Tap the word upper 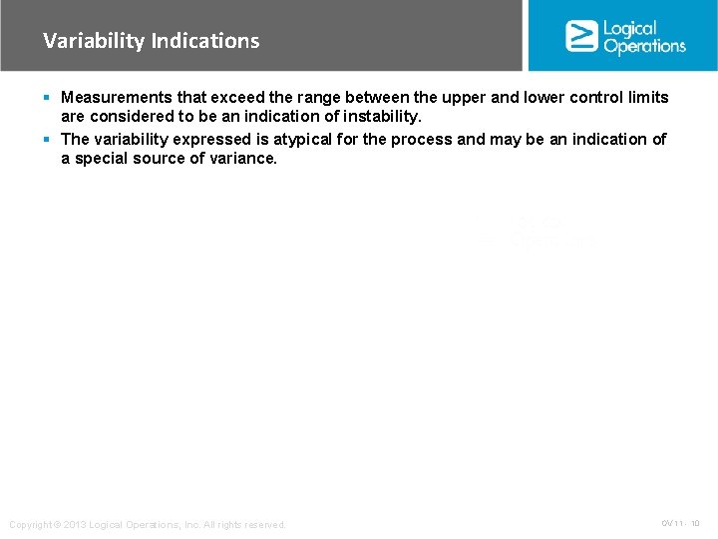[481, 98]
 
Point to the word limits [646, 98]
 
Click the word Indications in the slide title [205, 41]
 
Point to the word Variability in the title [94, 41]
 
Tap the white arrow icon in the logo [581, 36]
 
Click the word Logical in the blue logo [630, 28]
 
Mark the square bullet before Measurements [48, 98]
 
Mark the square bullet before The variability [48, 139]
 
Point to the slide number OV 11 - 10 [680, 523]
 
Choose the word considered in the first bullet [122, 117]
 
